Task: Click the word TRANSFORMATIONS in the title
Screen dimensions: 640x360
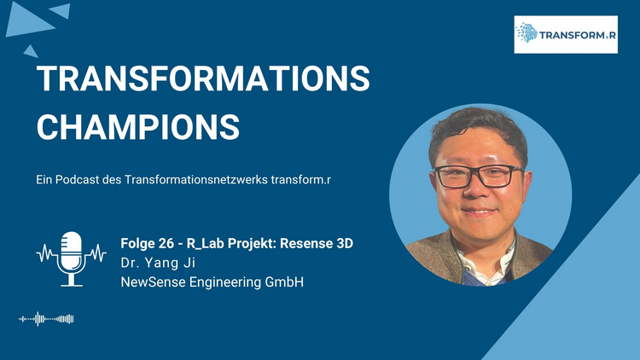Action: click(x=203, y=78)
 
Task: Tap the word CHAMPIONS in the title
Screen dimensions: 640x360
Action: click(x=138, y=127)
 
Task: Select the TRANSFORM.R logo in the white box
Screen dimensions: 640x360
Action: click(x=566, y=34)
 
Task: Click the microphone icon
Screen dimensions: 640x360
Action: click(x=72, y=258)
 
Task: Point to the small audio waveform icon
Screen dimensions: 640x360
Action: click(x=46, y=319)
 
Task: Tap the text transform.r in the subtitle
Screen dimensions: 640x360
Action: click(x=301, y=180)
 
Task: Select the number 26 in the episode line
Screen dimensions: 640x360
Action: click(x=166, y=243)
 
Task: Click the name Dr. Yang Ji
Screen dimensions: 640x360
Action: click(x=158, y=263)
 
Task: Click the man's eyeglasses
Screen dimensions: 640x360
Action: click(x=479, y=176)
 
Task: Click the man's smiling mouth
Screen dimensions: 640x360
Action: click(x=479, y=212)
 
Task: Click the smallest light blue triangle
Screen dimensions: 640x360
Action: click(x=31, y=52)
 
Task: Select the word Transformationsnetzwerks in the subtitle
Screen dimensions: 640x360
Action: click(x=196, y=180)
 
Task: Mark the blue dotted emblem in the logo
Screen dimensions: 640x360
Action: click(x=527, y=32)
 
